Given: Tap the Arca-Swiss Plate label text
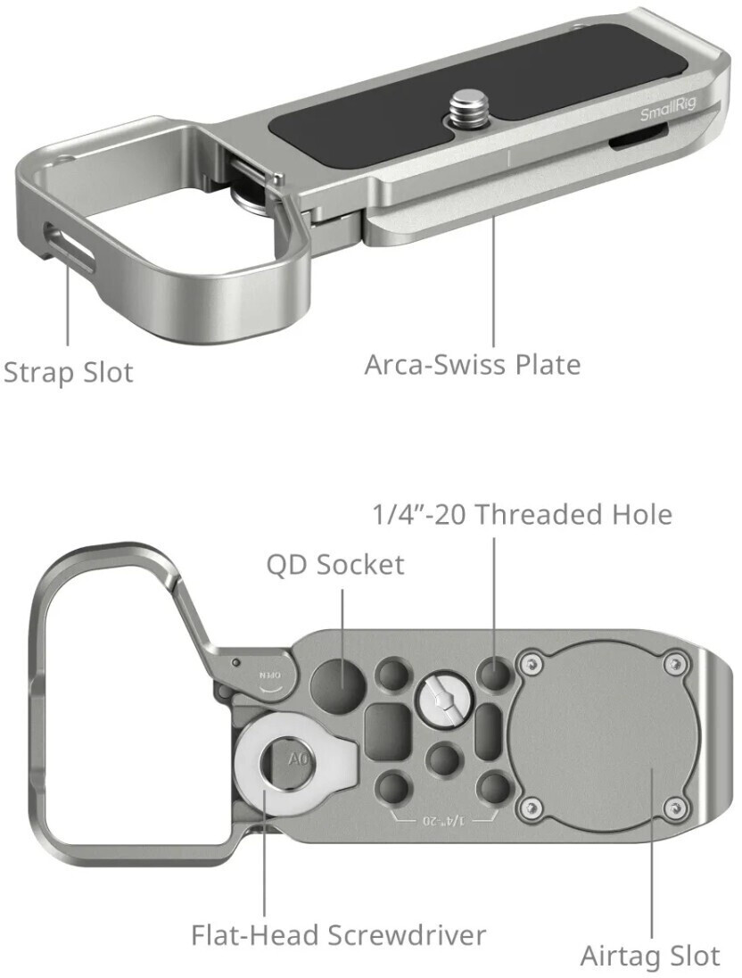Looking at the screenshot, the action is click(x=472, y=364).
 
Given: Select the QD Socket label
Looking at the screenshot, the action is click(x=334, y=564).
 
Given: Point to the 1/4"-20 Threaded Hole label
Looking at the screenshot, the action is click(x=521, y=514).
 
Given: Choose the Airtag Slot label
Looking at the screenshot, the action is click(x=649, y=956).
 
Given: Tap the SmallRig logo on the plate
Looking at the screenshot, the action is click(x=667, y=113).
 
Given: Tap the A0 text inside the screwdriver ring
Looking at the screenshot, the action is click(x=297, y=760).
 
